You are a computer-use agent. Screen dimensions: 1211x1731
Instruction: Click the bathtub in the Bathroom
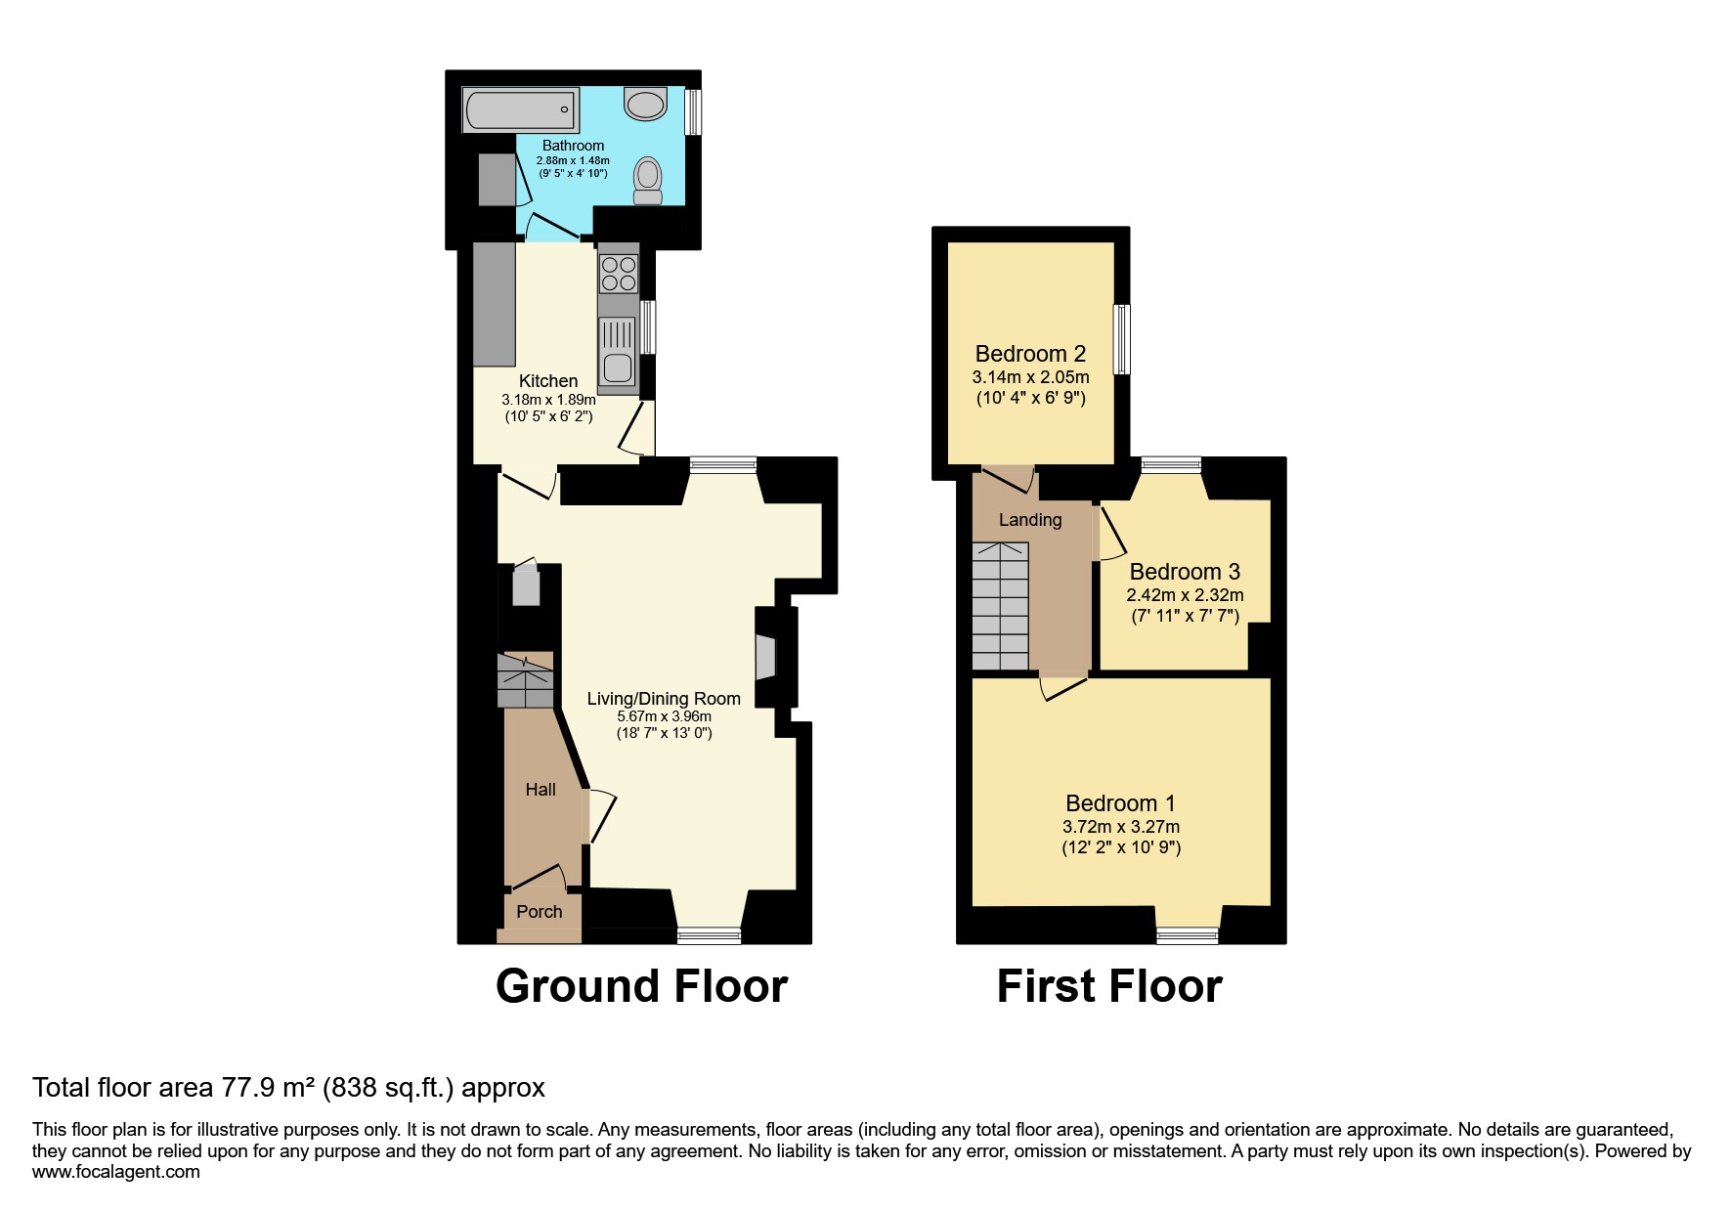pyautogui.click(x=521, y=109)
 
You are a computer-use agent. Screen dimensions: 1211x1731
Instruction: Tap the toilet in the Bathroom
pyautogui.click(x=647, y=181)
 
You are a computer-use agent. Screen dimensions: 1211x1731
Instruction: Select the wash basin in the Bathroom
pyautogui.click(x=645, y=103)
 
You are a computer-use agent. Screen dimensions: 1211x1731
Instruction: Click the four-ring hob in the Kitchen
pyautogui.click(x=618, y=272)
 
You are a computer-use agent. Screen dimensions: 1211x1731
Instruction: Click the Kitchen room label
pyautogui.click(x=548, y=381)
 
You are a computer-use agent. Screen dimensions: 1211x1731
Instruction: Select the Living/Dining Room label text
pyautogui.click(x=664, y=699)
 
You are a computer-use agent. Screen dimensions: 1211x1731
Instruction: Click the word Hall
pyautogui.click(x=541, y=790)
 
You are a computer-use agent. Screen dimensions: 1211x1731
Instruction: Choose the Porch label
pyautogui.click(x=540, y=912)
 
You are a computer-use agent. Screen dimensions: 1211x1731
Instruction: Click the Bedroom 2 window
pyautogui.click(x=1123, y=339)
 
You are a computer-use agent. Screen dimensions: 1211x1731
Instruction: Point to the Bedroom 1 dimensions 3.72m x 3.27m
pyautogui.click(x=1121, y=827)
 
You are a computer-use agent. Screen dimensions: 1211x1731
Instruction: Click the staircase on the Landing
pyautogui.click(x=1000, y=606)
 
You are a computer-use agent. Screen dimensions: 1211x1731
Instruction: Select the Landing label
pyautogui.click(x=1030, y=520)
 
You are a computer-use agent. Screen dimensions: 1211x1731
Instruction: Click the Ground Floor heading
pyautogui.click(x=641, y=986)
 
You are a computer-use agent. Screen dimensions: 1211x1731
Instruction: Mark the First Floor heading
pyautogui.click(x=1109, y=986)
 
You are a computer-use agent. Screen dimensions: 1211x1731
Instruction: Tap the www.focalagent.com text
pyautogui.click(x=116, y=1172)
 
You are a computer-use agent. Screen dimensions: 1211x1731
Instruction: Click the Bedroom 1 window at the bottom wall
pyautogui.click(x=1188, y=936)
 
